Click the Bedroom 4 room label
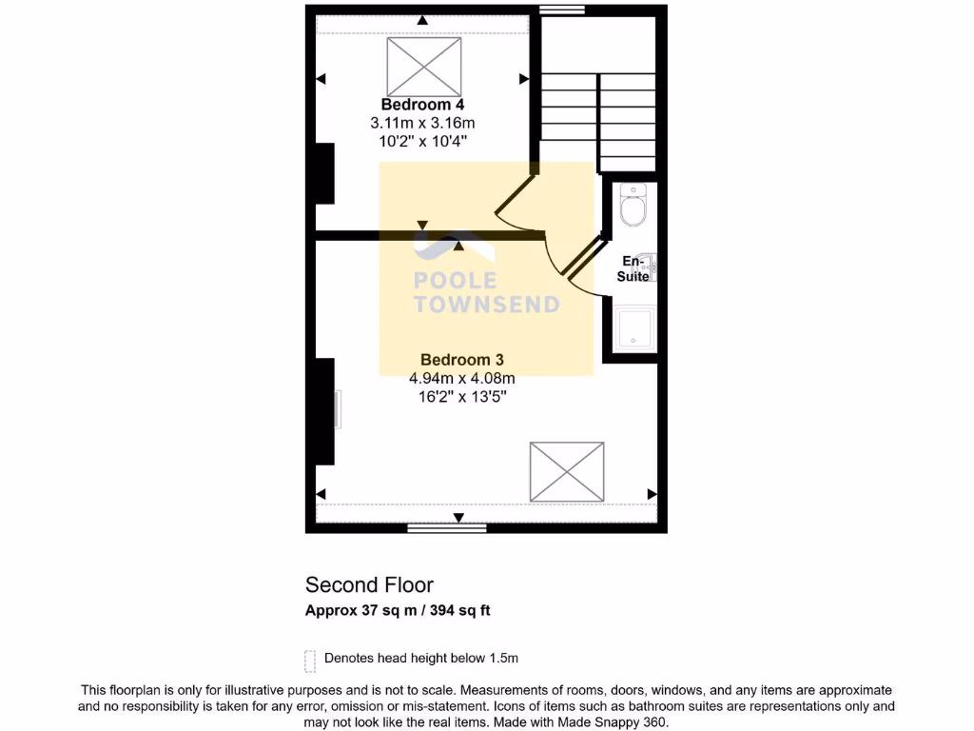pyautogui.click(x=422, y=104)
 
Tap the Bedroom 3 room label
pyautogui.click(x=461, y=360)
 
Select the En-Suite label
pyautogui.click(x=633, y=268)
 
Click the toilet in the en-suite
pyautogui.click(x=633, y=205)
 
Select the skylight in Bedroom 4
pyautogui.click(x=423, y=67)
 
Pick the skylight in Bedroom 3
pyautogui.click(x=567, y=471)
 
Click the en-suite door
pyautogui.click(x=582, y=262)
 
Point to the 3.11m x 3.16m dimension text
pyautogui.click(x=422, y=123)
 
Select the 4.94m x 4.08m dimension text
pyautogui.click(x=461, y=379)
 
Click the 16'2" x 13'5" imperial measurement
pyautogui.click(x=461, y=397)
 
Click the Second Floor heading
pyautogui.click(x=369, y=584)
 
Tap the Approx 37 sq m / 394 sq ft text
pyautogui.click(x=398, y=611)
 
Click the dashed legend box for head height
pyautogui.click(x=310, y=660)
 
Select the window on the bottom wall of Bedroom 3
pyautogui.click(x=447, y=527)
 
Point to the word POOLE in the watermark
pyautogui.click(x=455, y=281)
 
